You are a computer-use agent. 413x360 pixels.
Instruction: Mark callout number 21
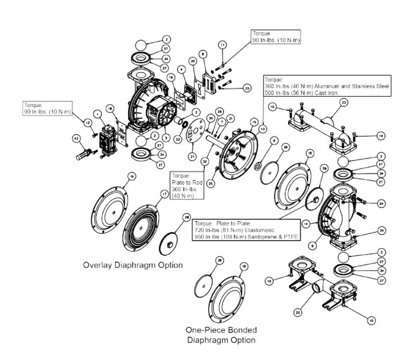click(x=192, y=156)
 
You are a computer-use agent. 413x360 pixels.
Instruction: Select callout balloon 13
click(x=262, y=129)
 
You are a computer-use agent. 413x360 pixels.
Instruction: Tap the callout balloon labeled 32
click(x=204, y=161)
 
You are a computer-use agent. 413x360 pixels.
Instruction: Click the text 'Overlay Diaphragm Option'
click(x=133, y=265)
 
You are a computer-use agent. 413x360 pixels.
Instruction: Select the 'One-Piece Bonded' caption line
click(x=220, y=329)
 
